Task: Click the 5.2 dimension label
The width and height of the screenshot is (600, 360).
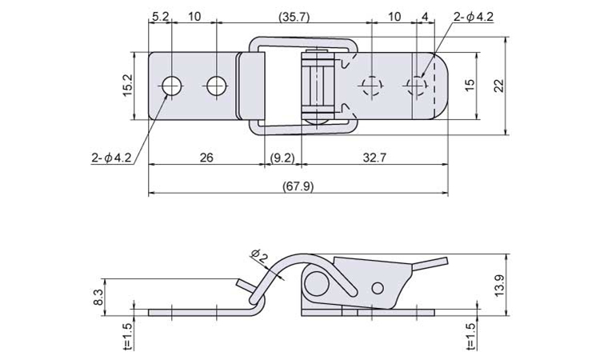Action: [160, 17]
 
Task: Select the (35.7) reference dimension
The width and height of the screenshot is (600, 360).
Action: [294, 17]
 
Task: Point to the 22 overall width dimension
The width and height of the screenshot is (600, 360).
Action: [499, 86]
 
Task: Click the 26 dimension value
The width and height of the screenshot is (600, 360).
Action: [206, 158]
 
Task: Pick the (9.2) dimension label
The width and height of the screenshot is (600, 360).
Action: [282, 158]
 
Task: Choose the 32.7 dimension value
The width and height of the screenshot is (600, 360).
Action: [374, 158]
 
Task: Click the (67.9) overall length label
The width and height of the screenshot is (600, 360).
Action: [298, 186]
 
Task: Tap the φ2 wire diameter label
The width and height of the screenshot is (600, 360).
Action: [258, 256]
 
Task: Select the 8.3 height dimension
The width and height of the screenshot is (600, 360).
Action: [98, 297]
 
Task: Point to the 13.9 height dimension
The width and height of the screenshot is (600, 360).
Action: [499, 286]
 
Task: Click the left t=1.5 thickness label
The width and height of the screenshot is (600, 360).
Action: [128, 337]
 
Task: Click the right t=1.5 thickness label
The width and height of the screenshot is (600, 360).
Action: [471, 337]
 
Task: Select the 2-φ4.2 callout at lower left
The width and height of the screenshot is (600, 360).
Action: [111, 158]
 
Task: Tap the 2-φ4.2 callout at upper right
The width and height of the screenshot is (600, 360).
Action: [474, 17]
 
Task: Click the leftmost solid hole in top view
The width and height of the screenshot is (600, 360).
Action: [172, 86]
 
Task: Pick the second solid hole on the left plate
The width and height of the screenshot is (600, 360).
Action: [217, 86]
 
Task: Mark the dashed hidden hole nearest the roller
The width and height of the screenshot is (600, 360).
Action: [371, 86]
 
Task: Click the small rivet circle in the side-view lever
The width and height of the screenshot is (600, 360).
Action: [378, 288]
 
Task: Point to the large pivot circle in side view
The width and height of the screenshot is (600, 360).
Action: [318, 285]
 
